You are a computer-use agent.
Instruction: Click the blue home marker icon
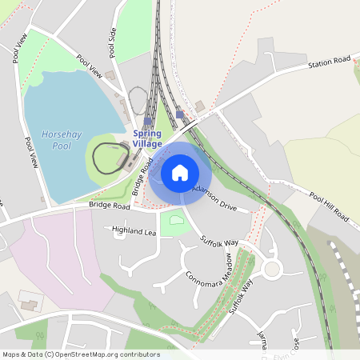coord(180,172)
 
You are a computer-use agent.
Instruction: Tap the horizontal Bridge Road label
coord(109,206)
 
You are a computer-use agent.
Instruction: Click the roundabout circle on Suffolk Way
coord(272,269)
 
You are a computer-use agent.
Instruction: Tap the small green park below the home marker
coord(175,222)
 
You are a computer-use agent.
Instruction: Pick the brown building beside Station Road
coord(199,106)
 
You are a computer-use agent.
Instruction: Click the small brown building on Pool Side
coord(110,75)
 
